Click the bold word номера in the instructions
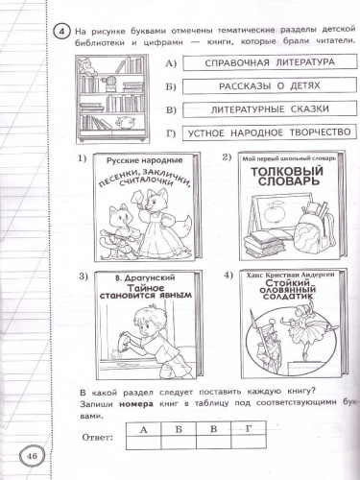click(137, 406)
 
